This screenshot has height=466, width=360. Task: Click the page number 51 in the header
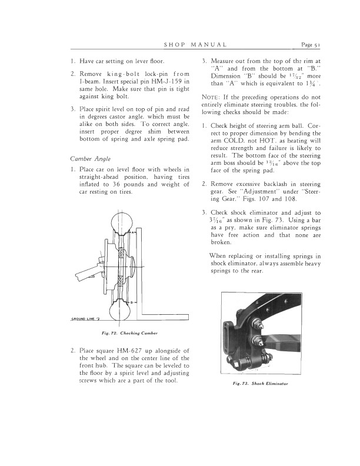[328, 44]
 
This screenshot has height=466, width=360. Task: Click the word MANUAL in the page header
[209, 44]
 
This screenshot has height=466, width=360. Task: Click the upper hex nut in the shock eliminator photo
[258, 322]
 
